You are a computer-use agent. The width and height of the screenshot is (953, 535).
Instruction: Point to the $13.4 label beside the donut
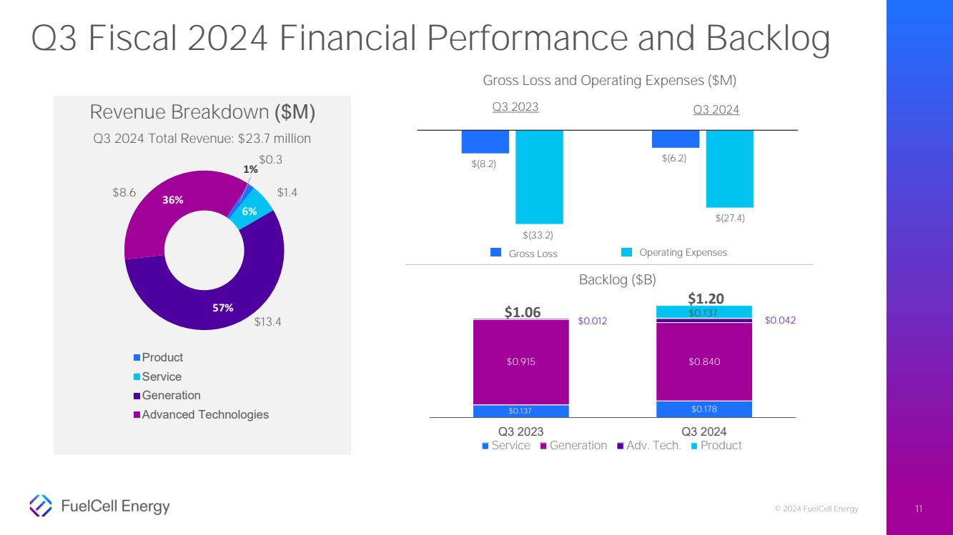[x=269, y=322]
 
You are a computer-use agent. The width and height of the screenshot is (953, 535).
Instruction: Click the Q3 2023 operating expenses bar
[x=539, y=176]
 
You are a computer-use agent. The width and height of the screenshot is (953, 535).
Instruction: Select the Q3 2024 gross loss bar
[x=675, y=139]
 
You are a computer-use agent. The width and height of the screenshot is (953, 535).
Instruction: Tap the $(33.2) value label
[x=538, y=235]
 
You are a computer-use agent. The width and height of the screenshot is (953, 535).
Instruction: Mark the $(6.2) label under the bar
[x=674, y=159]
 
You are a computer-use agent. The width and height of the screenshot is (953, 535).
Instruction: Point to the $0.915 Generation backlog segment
[x=520, y=361]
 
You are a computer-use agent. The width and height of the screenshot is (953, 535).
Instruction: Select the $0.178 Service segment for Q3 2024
[x=703, y=409]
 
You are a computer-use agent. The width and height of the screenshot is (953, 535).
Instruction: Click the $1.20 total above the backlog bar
[x=706, y=299]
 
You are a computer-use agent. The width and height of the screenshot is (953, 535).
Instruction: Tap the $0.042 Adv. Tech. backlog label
[x=780, y=321]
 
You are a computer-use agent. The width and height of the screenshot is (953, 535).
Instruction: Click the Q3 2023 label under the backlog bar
[x=520, y=431]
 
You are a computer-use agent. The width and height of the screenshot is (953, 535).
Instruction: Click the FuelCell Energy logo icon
[x=41, y=506]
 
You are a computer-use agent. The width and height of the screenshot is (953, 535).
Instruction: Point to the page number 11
[x=919, y=509]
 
